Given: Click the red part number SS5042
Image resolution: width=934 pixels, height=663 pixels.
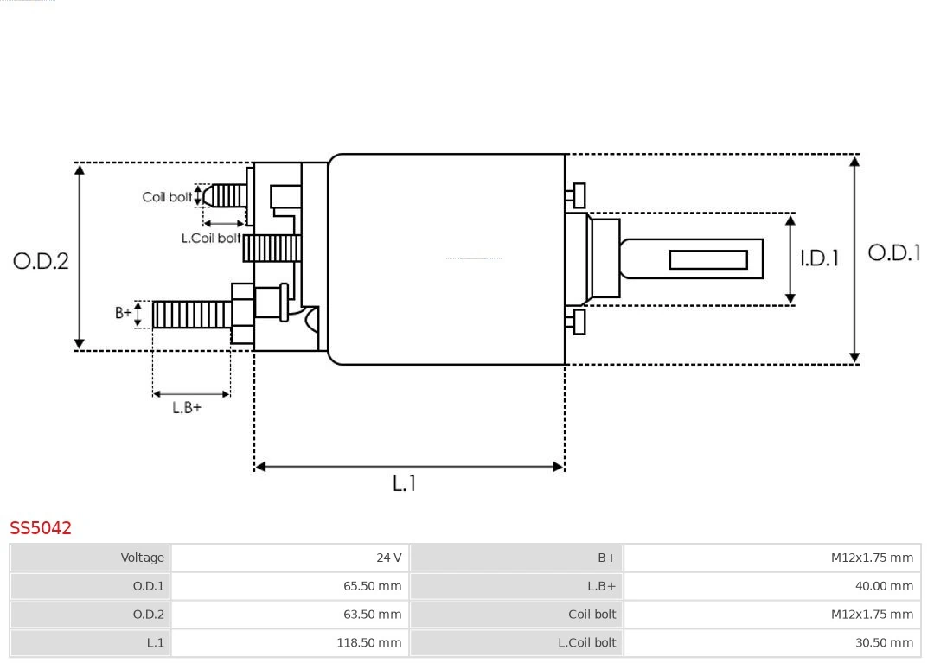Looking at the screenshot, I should (x=41, y=527).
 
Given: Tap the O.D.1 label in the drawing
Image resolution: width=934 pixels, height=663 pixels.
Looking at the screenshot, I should (x=894, y=252).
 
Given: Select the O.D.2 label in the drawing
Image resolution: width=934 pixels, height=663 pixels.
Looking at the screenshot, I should (x=41, y=260).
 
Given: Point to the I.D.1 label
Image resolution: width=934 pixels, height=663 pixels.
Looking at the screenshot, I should (x=818, y=258).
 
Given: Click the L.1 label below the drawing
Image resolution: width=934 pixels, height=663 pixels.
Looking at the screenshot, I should (x=404, y=483).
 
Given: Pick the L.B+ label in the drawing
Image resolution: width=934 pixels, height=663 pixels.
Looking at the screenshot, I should (x=186, y=407).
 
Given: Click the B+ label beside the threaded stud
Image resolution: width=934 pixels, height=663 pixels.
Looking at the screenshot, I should (x=124, y=313).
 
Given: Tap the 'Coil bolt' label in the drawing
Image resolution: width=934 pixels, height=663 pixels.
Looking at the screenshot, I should (x=167, y=197).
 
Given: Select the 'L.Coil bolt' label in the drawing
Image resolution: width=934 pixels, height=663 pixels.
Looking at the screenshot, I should (x=210, y=238).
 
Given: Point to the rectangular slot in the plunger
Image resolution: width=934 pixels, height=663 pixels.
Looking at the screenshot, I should (x=708, y=259).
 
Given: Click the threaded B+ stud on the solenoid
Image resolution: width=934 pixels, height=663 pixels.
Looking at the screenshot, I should (x=191, y=315).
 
